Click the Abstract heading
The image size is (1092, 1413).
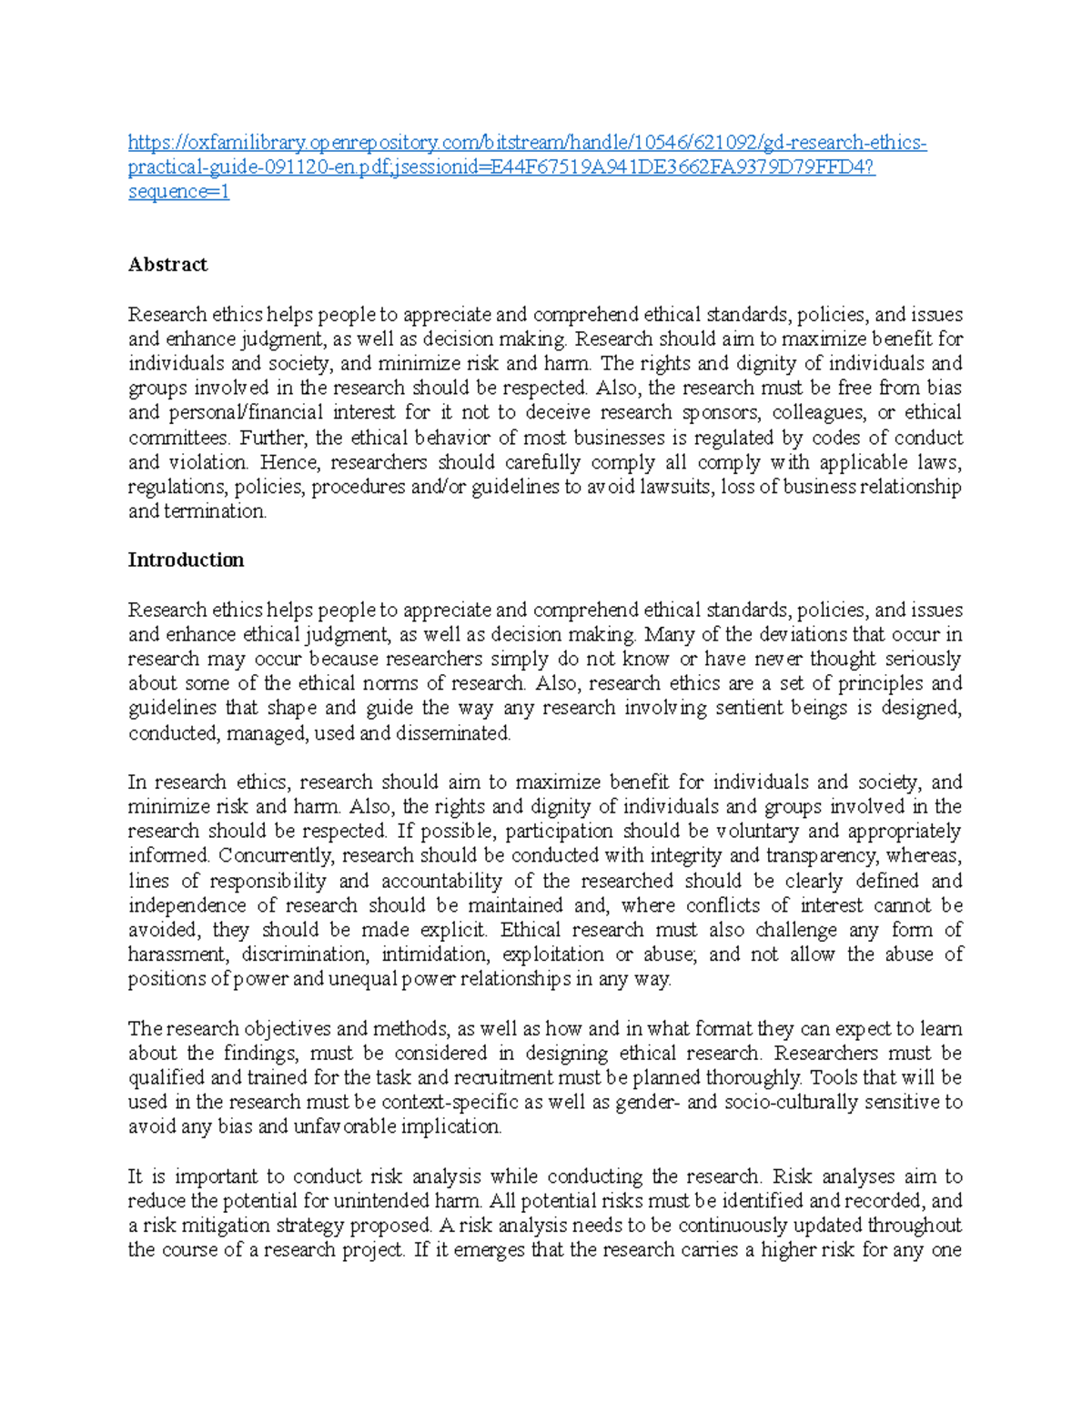(x=167, y=265)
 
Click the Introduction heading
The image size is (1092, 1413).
(x=186, y=560)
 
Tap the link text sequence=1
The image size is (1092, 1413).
(x=178, y=192)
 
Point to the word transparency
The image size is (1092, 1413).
(x=821, y=856)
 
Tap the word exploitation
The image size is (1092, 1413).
(x=553, y=954)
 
